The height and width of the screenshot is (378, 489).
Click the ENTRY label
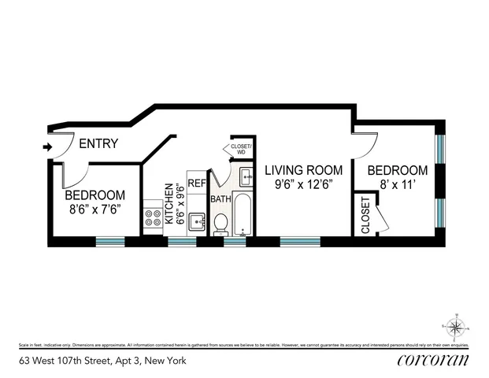(x=99, y=144)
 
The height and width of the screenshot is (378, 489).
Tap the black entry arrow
(x=47, y=146)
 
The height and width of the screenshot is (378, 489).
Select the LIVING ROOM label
(x=303, y=170)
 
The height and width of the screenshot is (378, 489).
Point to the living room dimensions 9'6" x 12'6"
(x=303, y=186)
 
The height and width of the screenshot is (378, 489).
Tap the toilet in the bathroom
(x=222, y=224)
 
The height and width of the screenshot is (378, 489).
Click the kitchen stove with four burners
(x=153, y=217)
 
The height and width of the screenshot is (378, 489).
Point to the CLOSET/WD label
(x=240, y=150)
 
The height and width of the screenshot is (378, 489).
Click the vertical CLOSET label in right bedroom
(x=365, y=214)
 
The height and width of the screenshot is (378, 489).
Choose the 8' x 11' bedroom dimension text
(x=398, y=186)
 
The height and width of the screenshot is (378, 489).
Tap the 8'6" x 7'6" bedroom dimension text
(x=94, y=210)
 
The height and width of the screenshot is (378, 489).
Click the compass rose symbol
(x=456, y=324)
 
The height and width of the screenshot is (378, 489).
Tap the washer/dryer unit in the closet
(x=244, y=176)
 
